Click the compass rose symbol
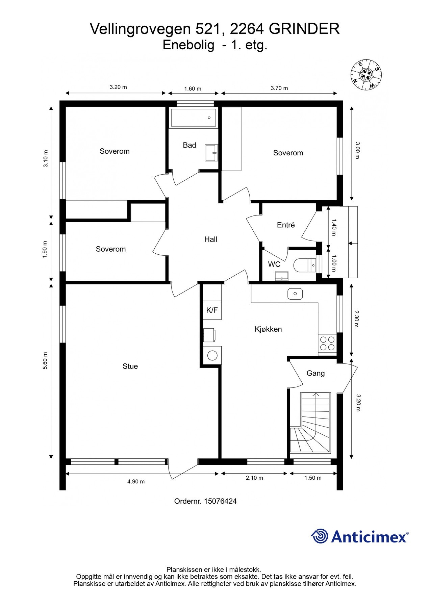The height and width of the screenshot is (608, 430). pos(366,75)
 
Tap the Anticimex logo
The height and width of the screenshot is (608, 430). pos(359,536)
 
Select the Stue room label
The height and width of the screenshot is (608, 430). pos(130,366)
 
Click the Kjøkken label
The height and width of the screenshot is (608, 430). pos(268,329)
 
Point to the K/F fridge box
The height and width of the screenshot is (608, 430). pos(212,310)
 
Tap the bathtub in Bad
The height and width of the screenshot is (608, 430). pos(194,118)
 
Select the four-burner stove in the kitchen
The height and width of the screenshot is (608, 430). pos(327,344)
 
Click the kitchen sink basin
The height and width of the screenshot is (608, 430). pos(295,294)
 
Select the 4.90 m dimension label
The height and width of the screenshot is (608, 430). pos(136,482)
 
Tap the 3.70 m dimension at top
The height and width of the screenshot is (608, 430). pos(279,88)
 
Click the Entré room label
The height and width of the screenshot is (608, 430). pos(286,225)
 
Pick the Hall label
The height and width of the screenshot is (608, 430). pos(210,239)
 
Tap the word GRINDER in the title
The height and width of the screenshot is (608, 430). pos(304,29)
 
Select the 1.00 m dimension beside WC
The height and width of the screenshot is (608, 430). pos(334,263)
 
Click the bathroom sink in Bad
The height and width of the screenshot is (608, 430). pos(211,153)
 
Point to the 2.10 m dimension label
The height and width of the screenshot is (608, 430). pos(254,478)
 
